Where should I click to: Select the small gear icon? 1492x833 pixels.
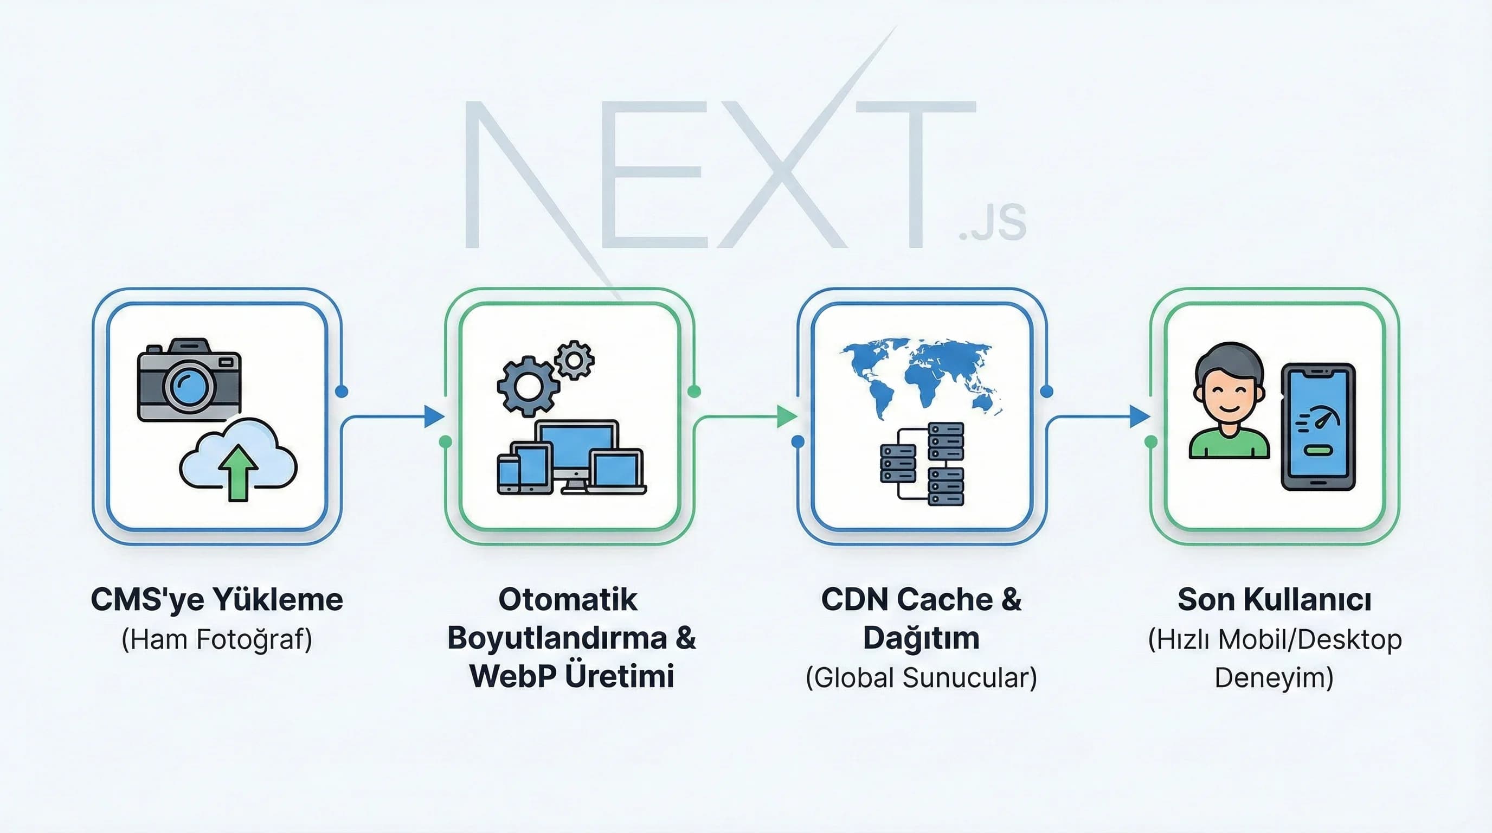(574, 360)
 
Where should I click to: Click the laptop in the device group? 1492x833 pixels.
(618, 472)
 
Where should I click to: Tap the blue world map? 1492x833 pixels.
(921, 376)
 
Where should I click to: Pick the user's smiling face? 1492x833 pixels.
(1228, 400)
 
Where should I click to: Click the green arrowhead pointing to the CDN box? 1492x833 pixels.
(786, 416)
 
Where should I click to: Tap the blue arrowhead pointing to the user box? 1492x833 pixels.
(1139, 416)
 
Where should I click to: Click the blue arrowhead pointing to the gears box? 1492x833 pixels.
(433, 416)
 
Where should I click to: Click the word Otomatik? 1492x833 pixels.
(568, 600)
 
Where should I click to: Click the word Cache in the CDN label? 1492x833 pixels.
(943, 600)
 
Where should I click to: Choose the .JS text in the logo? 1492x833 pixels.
(993, 223)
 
